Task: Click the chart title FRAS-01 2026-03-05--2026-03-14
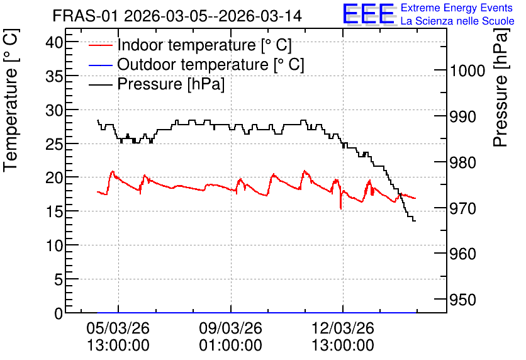coord(177,16)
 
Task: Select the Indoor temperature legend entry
coord(190,45)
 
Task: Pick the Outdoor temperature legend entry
coord(196,64)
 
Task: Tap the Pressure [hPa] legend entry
coord(157,84)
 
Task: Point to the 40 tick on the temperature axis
coord(55,43)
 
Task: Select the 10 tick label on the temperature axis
coord(55,246)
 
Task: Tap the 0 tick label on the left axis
coord(59,313)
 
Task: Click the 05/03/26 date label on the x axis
coord(118,328)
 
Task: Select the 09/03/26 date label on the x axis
coord(231,328)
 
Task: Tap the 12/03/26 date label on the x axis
coord(343,328)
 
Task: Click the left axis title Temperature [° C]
coord(11,101)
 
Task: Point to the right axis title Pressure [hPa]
coord(501,87)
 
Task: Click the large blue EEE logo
coord(368,14)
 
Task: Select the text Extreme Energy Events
coord(457,8)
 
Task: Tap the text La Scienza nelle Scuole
coord(457,21)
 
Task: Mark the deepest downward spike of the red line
coord(341,209)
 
